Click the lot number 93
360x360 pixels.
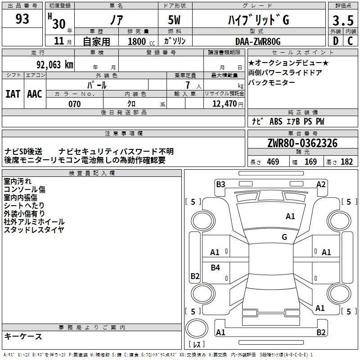click(x=22, y=18)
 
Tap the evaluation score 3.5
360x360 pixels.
click(x=343, y=20)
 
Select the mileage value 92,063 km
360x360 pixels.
click(x=55, y=65)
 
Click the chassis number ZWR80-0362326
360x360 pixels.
click(x=302, y=143)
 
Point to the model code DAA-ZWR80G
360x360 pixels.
click(x=258, y=41)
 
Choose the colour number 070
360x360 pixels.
click(x=75, y=104)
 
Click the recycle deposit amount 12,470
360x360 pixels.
click(x=225, y=104)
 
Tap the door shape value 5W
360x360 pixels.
click(x=174, y=20)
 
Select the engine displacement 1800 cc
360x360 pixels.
click(x=141, y=41)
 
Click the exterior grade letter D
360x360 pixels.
click(x=335, y=41)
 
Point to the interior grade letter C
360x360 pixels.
click(x=350, y=41)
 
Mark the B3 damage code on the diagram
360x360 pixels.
click(x=220, y=184)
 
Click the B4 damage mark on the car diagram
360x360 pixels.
click(x=216, y=267)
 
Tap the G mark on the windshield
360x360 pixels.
click(x=284, y=237)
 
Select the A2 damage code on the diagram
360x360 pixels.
click(x=321, y=184)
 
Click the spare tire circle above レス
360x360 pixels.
click(x=197, y=328)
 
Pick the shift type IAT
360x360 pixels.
click(x=13, y=94)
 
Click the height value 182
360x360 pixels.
click(x=346, y=162)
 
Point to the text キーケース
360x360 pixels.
click(x=23, y=336)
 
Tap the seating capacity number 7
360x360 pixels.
click(x=188, y=85)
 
